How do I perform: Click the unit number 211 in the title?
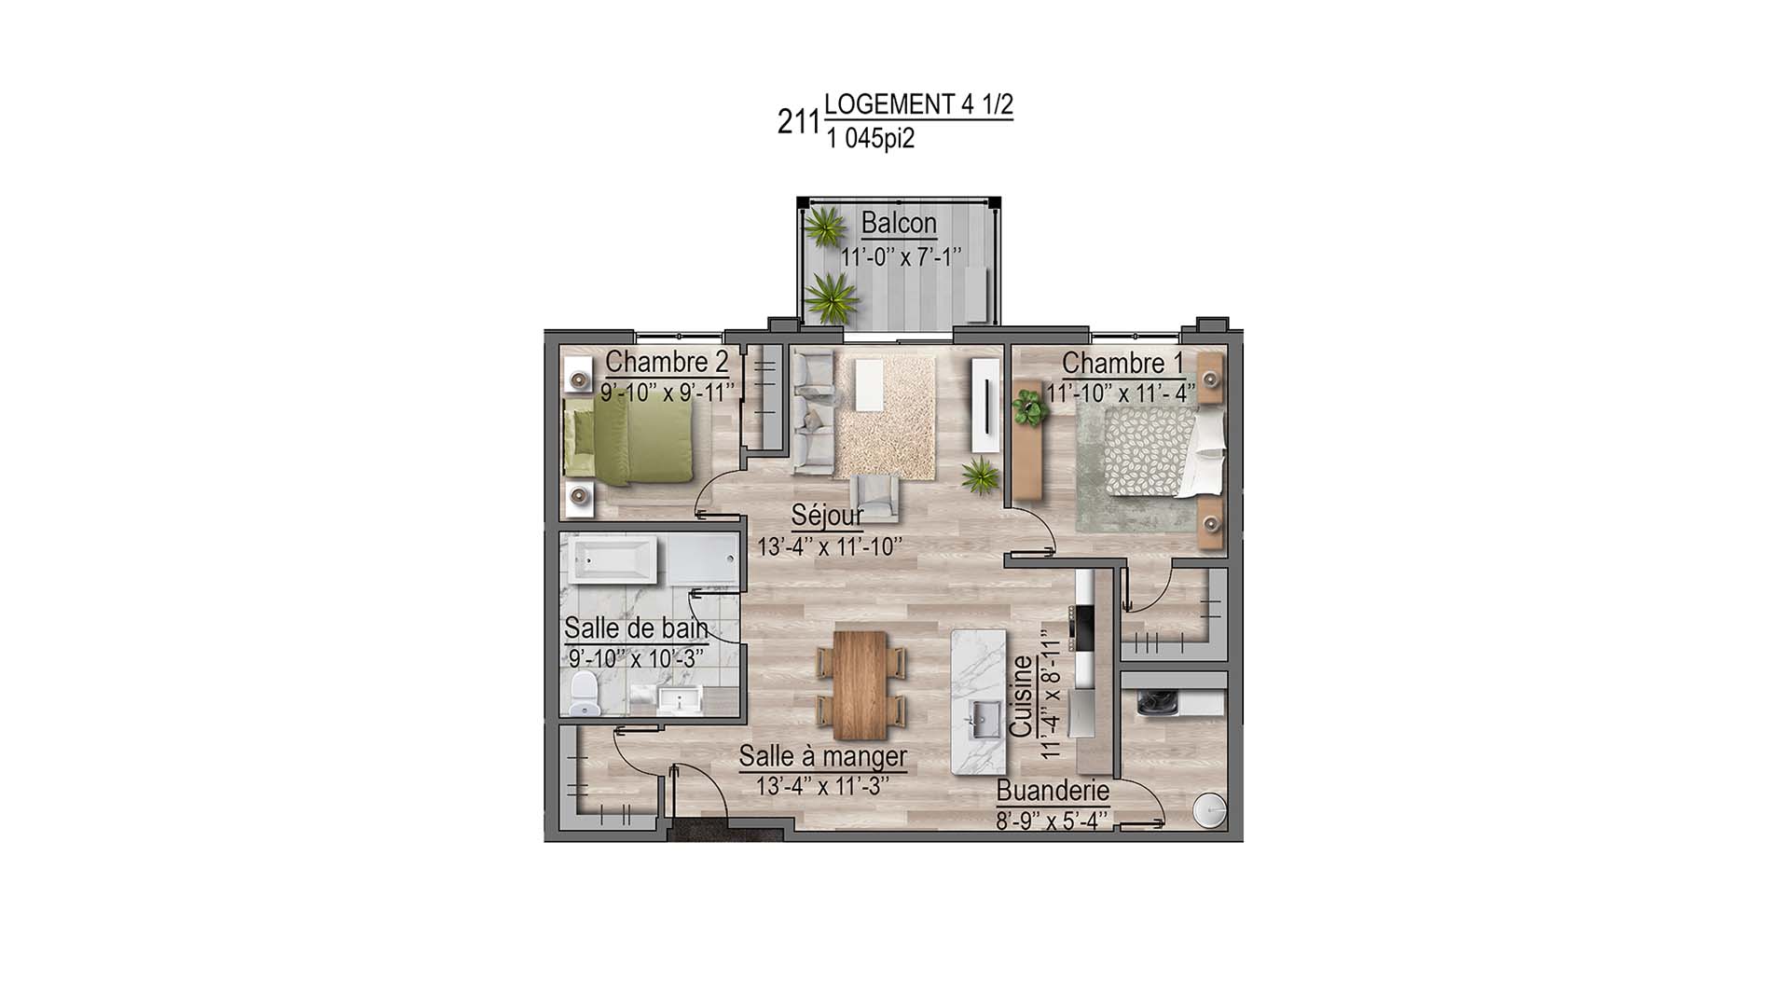pos(798,121)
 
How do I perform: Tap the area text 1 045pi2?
pos(870,139)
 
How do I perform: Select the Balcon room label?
pos(899,224)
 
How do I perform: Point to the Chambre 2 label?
pos(667,362)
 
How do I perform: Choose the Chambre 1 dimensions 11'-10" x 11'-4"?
pos(1121,393)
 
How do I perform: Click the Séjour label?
pos(827,515)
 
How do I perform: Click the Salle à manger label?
pos(822,756)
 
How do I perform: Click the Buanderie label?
pos(1053,792)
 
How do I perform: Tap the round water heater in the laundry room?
pos(1210,812)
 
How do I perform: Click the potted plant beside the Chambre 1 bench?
pos(1028,407)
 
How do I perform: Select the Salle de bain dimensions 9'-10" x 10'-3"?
pos(636,657)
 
